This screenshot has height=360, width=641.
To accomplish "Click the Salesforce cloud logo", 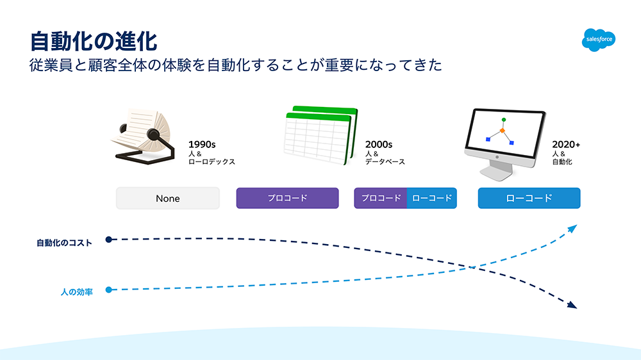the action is (x=599, y=40).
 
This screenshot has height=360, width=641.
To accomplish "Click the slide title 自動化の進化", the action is (x=94, y=41).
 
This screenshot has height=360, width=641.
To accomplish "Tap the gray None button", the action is (x=167, y=198).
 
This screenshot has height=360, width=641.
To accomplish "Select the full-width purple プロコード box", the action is (x=287, y=198).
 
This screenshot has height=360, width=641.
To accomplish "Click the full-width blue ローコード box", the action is (x=529, y=198).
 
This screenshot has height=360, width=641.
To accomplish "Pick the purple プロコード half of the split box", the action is (x=381, y=198).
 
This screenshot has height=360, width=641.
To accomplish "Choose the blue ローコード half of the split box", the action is (x=431, y=198).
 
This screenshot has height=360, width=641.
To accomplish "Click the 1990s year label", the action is (x=202, y=145).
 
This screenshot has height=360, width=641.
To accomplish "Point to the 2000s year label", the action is (x=379, y=145).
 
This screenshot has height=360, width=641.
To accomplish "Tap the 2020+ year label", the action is (x=566, y=145).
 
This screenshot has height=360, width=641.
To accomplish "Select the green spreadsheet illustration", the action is (x=320, y=136).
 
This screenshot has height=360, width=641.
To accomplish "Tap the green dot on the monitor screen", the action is (x=504, y=120).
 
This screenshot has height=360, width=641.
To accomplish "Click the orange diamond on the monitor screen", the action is (x=503, y=130).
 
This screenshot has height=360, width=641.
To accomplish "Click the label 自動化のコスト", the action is (x=64, y=243).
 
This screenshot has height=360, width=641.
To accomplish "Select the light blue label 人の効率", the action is (x=77, y=292).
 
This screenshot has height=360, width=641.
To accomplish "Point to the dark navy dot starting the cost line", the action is (x=109, y=240).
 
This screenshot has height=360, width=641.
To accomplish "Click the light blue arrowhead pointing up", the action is (x=572, y=229).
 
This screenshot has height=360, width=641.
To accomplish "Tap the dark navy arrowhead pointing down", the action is (x=572, y=305).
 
